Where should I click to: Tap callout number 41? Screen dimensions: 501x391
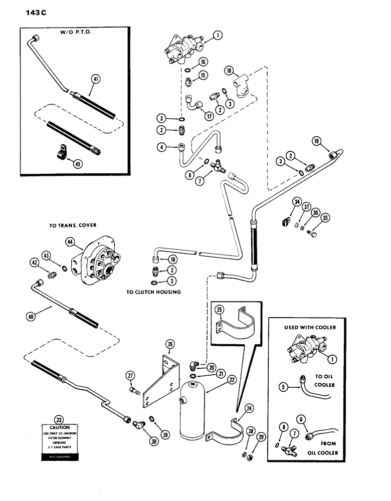[95, 79]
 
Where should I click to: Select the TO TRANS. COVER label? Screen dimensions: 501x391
[73, 226]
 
